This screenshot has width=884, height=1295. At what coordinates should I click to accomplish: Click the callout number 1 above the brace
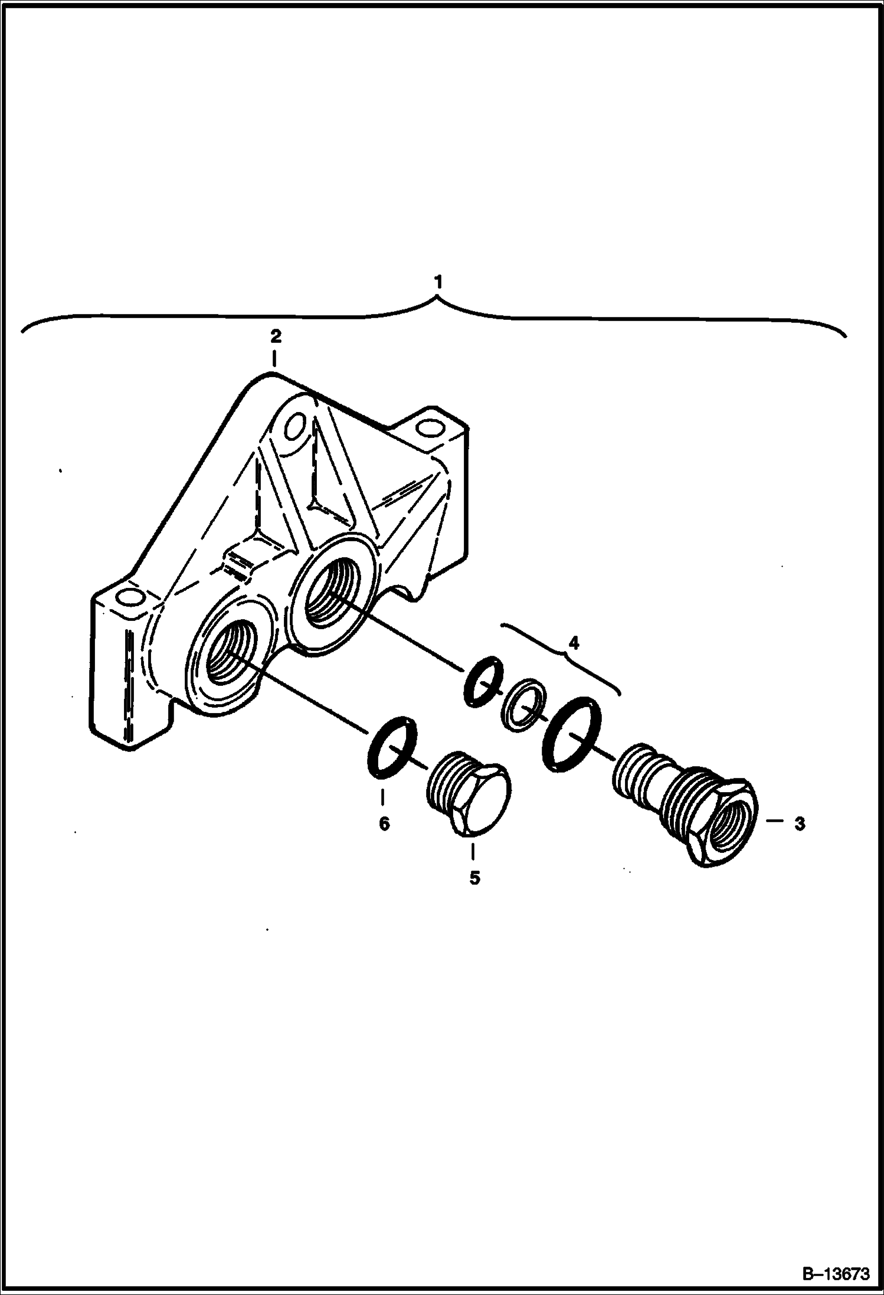coord(437,283)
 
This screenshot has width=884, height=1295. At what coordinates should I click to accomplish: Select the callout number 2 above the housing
coord(275,337)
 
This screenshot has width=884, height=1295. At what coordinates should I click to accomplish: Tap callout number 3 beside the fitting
coord(800,824)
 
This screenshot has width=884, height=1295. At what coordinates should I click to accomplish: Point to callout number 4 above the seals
coord(573,643)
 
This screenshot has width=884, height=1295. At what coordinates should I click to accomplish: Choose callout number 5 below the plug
coord(474,895)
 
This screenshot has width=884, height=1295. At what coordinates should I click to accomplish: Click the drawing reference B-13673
coord(837,1275)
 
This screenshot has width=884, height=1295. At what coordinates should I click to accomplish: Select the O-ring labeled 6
coord(392,747)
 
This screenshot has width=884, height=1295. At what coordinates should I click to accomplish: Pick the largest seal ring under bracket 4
coord(572,733)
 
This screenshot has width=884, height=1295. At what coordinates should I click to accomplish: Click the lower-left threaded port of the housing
coord(230,652)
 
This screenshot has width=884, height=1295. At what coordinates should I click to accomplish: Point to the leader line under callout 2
coord(275,359)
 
